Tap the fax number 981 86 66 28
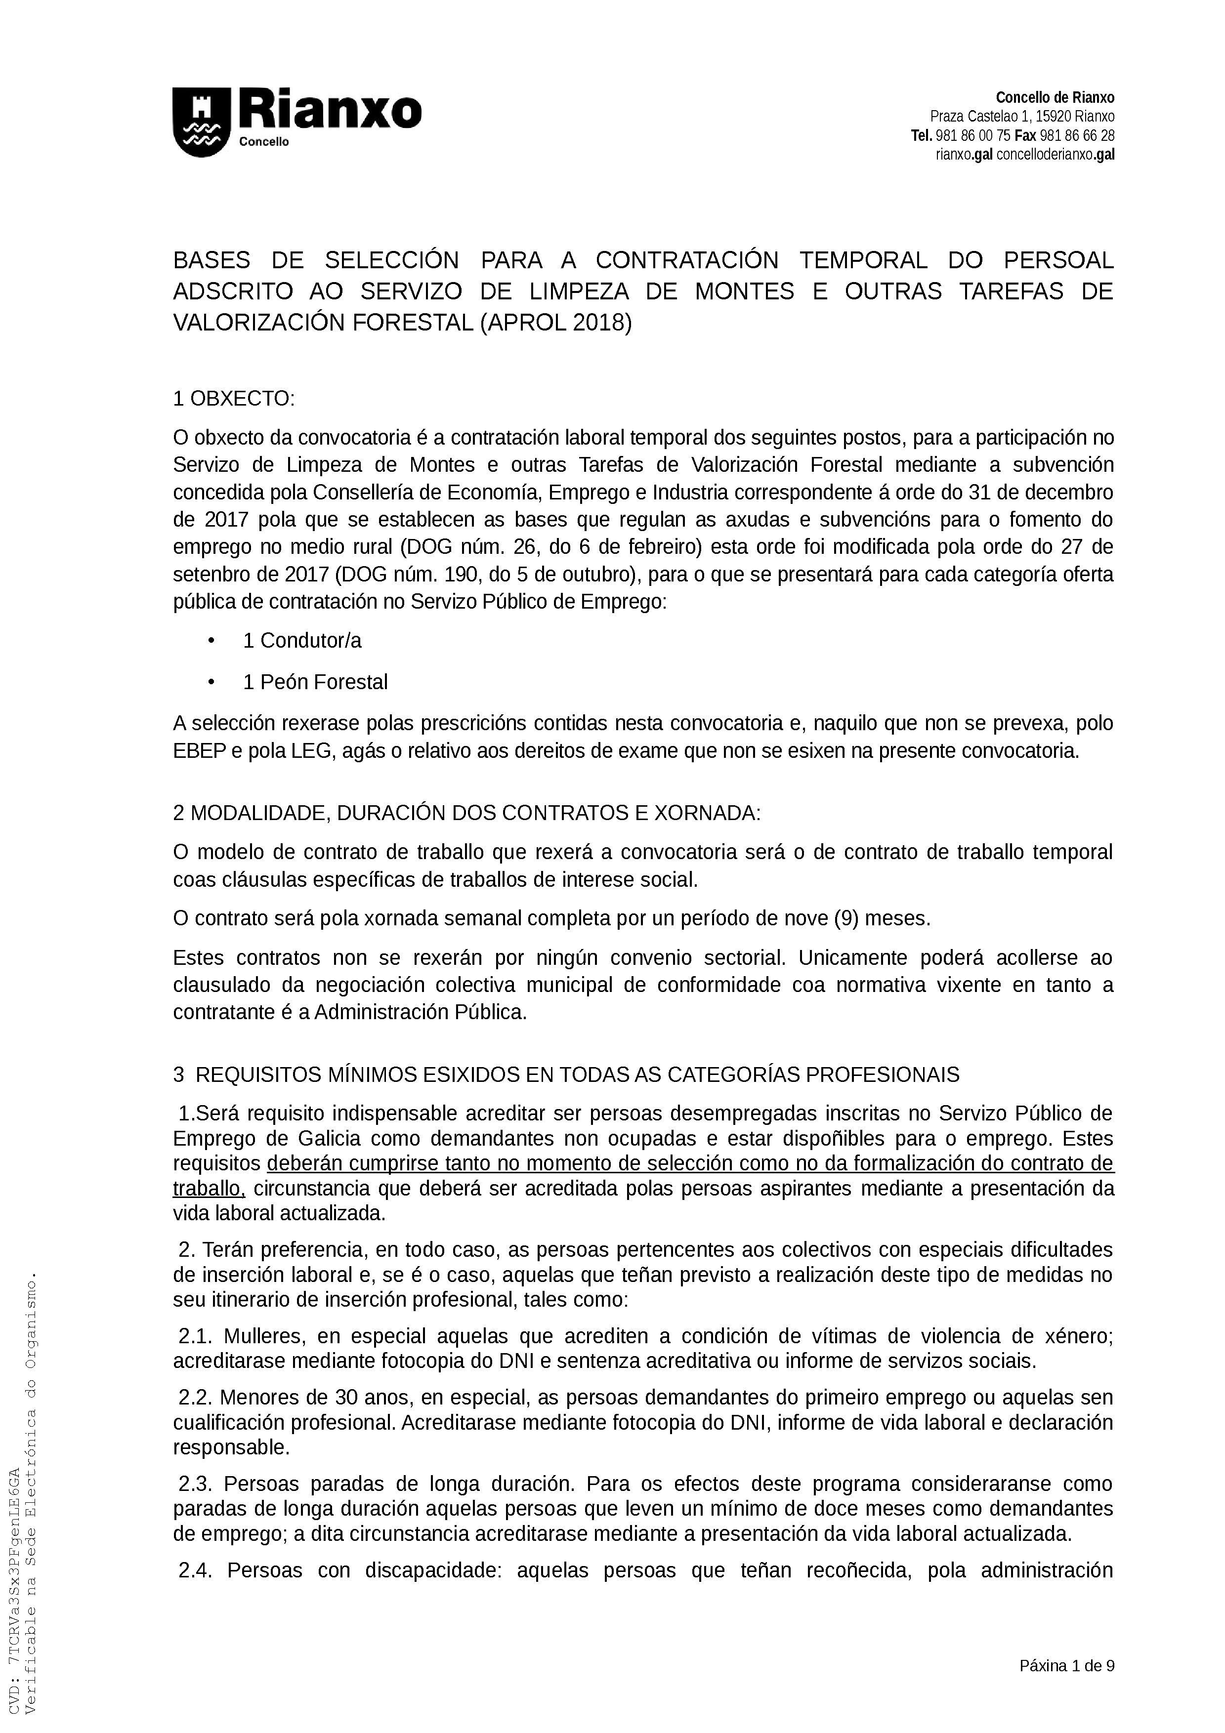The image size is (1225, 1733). [1077, 136]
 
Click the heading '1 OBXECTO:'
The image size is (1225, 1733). [233, 399]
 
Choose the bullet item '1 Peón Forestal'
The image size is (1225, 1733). [315, 682]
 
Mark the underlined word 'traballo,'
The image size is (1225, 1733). [209, 1189]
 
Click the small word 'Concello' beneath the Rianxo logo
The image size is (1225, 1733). [264, 143]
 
